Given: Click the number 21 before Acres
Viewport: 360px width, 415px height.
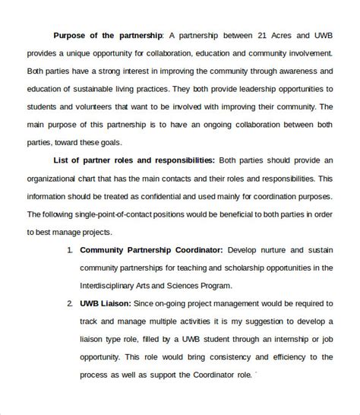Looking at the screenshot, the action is pos(261,35).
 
